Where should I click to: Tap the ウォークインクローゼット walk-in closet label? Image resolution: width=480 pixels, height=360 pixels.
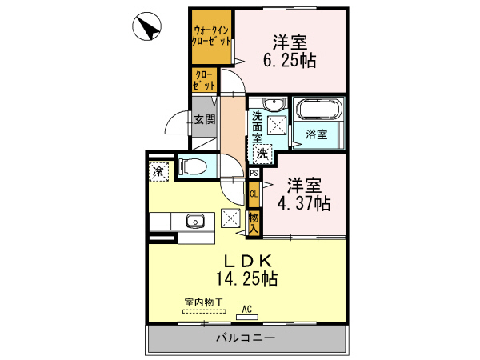[212, 37]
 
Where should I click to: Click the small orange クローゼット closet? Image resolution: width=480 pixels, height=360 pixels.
[204, 80]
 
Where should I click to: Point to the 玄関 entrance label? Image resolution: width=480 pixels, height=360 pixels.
[204, 120]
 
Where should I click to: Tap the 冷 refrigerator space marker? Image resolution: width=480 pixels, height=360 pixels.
[159, 170]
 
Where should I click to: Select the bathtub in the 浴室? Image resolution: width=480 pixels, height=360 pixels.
[318, 111]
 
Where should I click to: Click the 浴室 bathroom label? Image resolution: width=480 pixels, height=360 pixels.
[317, 135]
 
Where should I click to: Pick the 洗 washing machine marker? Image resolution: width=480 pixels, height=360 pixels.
[262, 153]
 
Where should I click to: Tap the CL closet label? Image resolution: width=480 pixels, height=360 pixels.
[254, 193]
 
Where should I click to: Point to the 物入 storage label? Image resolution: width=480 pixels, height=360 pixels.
[254, 222]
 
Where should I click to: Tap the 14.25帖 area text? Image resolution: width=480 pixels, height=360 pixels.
[247, 278]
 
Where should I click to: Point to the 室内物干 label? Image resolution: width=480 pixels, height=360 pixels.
[203, 302]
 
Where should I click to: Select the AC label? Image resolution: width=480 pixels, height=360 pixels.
[247, 308]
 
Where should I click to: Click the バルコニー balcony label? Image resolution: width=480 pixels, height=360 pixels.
[246, 338]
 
